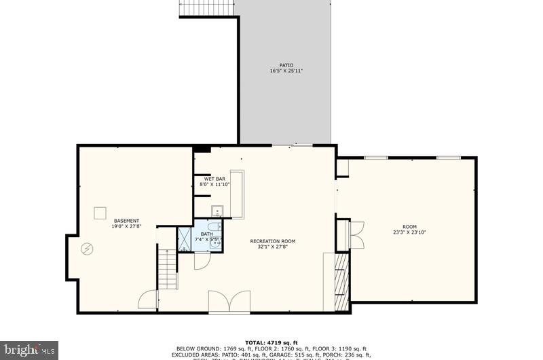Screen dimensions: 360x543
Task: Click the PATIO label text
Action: [x=286, y=65]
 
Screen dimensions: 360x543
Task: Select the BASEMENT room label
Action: [x=127, y=221]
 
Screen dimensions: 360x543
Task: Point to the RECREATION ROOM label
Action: [x=272, y=241]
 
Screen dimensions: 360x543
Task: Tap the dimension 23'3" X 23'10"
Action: [x=409, y=232]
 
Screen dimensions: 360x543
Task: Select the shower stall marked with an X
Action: [x=185, y=239]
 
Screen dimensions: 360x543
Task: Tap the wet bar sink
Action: [x=217, y=210]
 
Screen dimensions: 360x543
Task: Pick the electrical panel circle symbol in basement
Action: [x=87, y=249]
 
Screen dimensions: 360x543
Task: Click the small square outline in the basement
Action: [x=100, y=213]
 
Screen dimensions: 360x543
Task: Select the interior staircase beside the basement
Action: [x=167, y=268]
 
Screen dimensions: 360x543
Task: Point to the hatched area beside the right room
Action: [x=342, y=281]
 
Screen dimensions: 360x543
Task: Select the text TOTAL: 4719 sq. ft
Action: [x=271, y=342]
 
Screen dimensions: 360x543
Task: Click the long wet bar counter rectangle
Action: [x=237, y=194]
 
